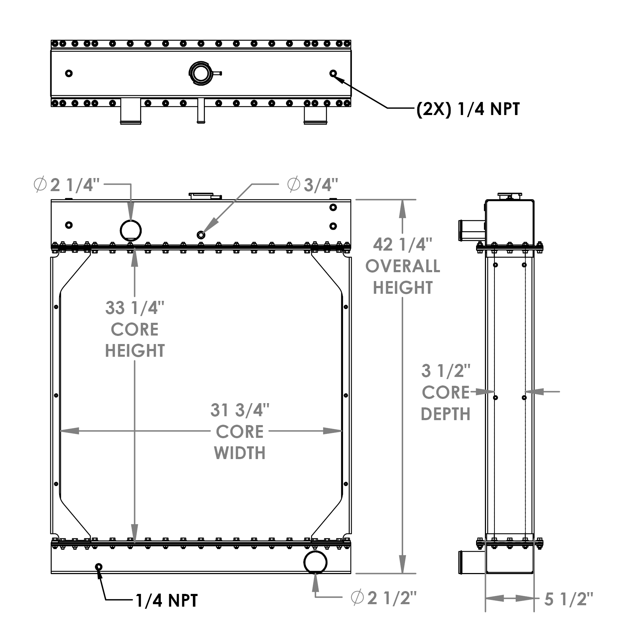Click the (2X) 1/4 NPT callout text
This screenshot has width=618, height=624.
point(468,109)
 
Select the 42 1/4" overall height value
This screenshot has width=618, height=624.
point(403,245)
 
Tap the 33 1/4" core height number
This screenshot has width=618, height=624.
point(135,308)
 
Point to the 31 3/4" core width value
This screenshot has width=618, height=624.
point(240,410)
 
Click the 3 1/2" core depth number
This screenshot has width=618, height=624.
point(446,371)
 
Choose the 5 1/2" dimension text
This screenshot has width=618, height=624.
point(568,599)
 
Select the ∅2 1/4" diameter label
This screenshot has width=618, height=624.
point(67,185)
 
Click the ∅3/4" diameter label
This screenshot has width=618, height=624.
point(313,184)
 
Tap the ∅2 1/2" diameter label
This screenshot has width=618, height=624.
point(384,598)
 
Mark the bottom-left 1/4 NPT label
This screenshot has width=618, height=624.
point(167,600)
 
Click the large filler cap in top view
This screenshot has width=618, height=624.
point(200,73)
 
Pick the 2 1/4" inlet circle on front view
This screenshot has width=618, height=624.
point(131,230)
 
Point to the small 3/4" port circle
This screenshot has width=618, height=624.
point(201,235)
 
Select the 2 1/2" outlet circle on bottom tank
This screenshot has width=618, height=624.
point(315,562)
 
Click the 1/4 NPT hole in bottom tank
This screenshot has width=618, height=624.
point(98,567)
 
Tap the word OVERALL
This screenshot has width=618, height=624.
point(403,266)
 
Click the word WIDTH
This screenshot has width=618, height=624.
point(240,453)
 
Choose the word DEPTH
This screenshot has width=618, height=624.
point(446,414)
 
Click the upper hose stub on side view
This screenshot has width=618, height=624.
point(471,230)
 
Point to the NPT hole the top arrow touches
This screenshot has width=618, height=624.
point(333,73)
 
